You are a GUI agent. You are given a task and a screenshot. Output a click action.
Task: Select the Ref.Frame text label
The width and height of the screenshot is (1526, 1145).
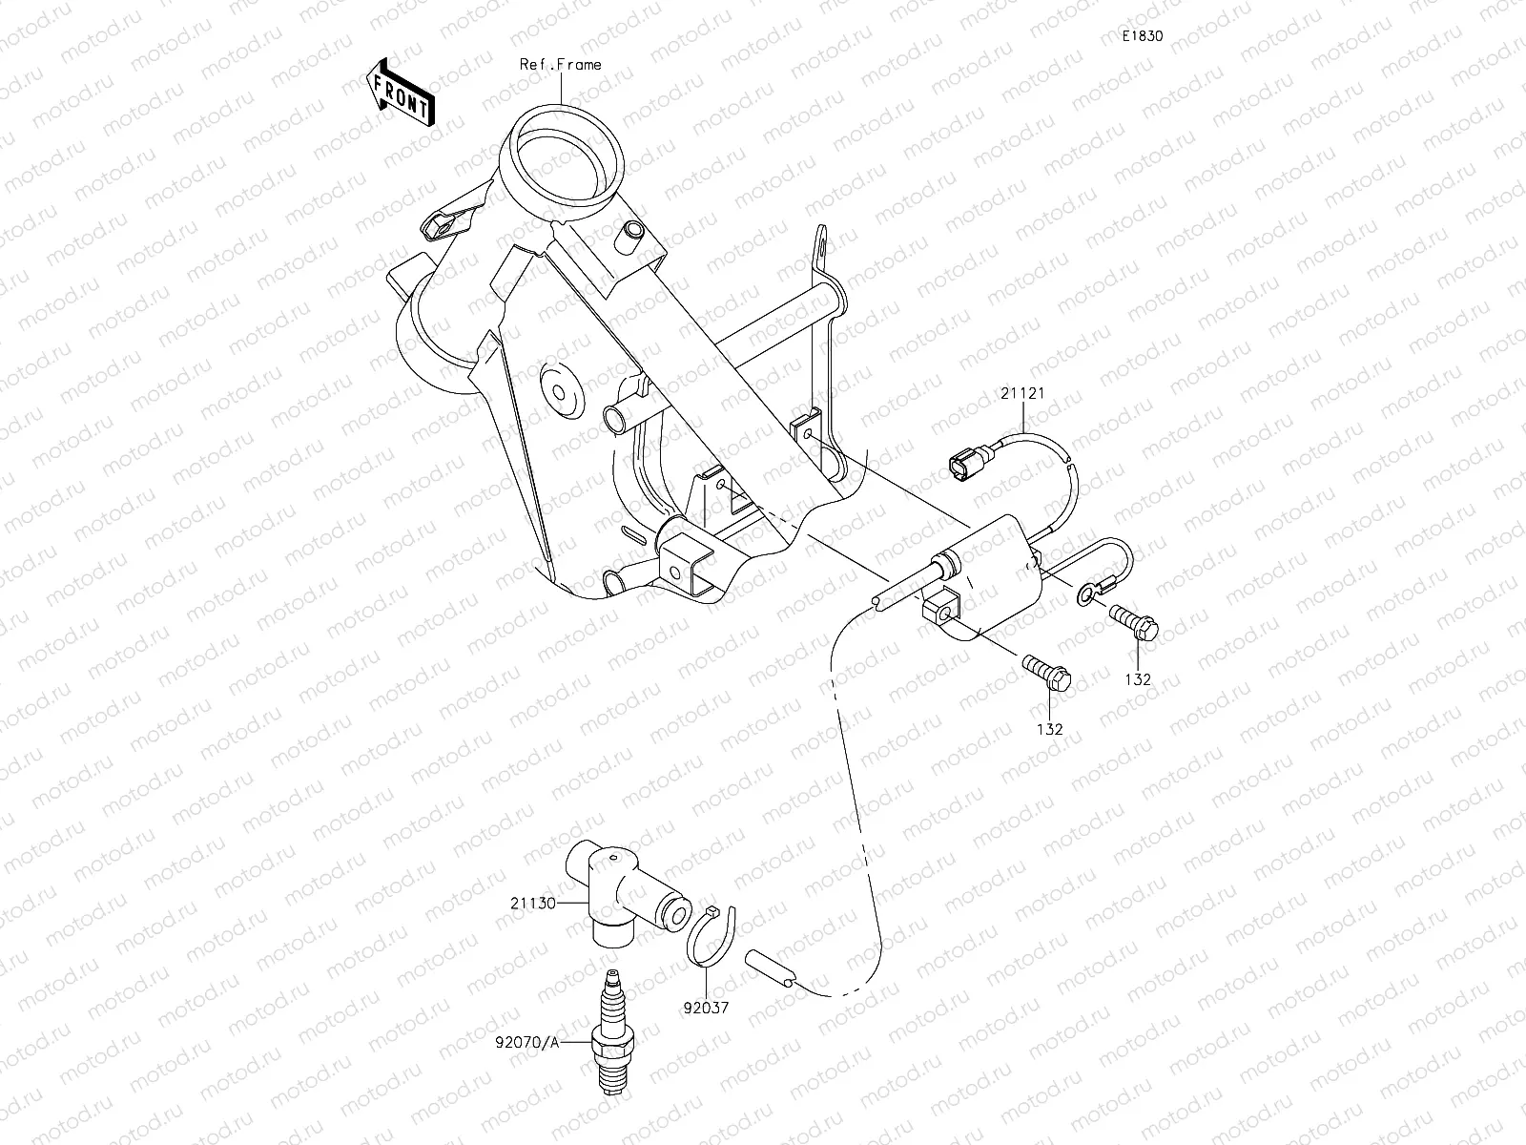pos(560,65)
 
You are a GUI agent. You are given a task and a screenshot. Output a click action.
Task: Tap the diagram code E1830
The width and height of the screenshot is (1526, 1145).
pos(1142,36)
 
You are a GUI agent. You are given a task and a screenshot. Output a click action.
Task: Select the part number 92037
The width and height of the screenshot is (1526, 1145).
pos(707,1007)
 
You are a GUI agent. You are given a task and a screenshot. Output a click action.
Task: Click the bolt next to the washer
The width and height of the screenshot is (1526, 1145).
pos(1135,621)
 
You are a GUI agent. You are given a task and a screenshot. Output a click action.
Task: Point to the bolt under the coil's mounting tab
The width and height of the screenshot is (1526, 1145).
pos(1048,672)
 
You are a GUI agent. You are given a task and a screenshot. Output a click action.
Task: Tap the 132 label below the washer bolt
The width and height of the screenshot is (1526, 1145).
pos(1138,680)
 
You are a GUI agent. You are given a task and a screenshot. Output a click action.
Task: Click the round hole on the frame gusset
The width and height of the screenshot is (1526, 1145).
pos(557,392)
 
